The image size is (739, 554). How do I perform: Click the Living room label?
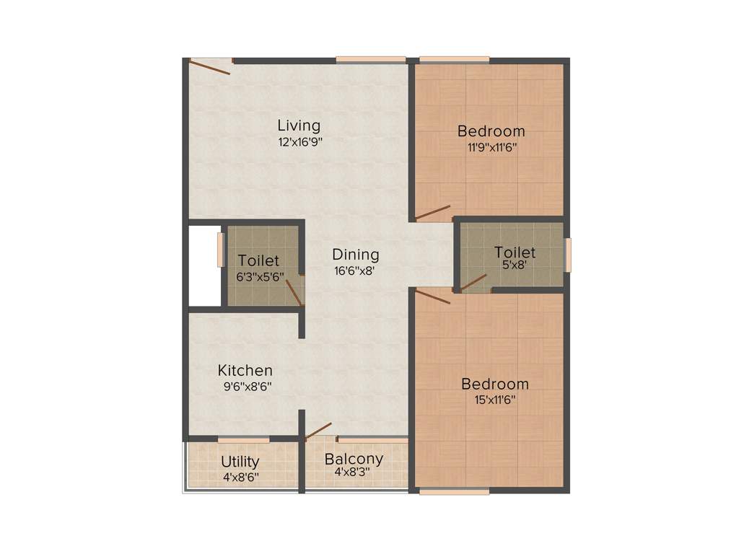tap(299, 126)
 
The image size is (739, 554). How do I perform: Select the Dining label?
tap(356, 255)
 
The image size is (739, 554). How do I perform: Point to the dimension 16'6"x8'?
tap(354, 271)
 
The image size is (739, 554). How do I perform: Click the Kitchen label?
tap(245, 371)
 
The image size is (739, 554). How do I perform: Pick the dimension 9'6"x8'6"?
tap(248, 387)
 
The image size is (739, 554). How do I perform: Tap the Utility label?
tap(240, 462)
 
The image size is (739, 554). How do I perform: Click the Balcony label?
tap(354, 459)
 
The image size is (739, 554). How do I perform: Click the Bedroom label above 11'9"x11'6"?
tap(491, 131)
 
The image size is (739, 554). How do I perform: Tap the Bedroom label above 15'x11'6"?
tap(495, 384)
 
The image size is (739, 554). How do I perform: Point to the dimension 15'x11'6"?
tap(494, 400)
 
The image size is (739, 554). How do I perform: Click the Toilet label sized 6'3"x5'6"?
tap(258, 260)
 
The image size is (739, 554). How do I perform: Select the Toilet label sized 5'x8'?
tap(515, 252)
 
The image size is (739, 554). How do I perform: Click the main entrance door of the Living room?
tap(210, 67)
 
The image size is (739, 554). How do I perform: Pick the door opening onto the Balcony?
tap(318, 431)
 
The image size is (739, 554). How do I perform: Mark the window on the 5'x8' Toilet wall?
tap(568, 255)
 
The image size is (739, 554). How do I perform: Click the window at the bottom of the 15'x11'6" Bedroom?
tap(454, 493)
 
